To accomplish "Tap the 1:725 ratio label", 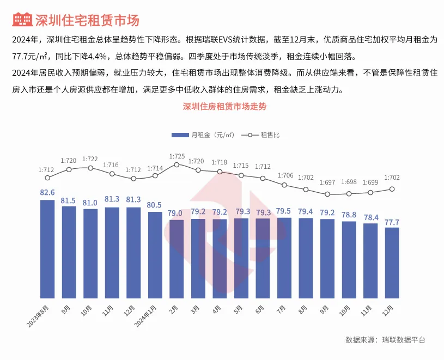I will pos(177,156).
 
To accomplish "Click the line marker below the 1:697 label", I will pos(327,194).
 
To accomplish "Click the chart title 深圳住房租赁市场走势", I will pos(224,107).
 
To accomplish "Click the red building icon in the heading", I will pos(21,20).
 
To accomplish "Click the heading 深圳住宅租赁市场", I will pos(87,21).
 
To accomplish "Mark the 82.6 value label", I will pos(47,193).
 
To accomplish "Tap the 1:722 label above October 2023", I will pos(90,159).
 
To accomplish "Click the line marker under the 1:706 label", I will pos(284,185).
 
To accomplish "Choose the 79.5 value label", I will pos(284,211).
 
